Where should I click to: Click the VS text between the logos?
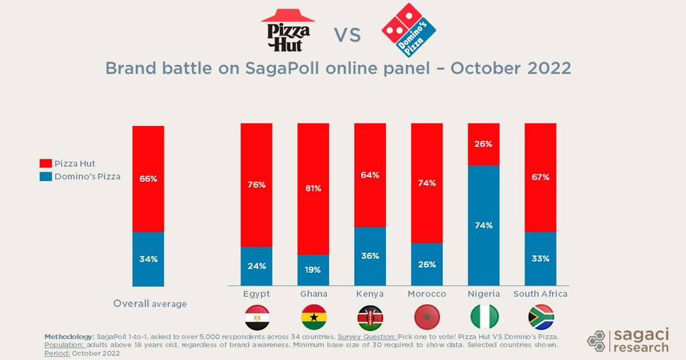[347, 35]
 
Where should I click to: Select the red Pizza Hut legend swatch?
[46, 164]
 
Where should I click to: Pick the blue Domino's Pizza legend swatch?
[46, 176]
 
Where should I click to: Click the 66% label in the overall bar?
[148, 179]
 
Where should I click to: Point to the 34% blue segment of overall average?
[148, 259]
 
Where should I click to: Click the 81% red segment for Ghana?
[313, 189]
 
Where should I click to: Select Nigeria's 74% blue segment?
[484, 225]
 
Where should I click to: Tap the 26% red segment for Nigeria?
[484, 144]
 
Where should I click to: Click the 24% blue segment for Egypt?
[257, 266]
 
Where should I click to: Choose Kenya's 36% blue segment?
[370, 256]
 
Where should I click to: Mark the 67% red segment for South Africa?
[541, 178]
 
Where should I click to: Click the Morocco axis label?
[427, 294]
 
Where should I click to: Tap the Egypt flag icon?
[257, 316]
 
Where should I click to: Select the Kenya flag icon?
[370, 316]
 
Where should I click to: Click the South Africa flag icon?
[541, 316]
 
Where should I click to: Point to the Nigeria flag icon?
[484, 316]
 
